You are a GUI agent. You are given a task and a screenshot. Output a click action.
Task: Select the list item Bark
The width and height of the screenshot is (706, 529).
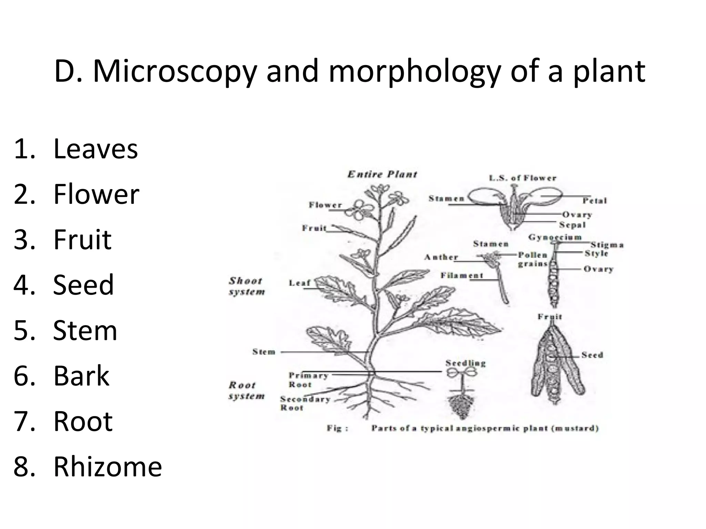(81, 375)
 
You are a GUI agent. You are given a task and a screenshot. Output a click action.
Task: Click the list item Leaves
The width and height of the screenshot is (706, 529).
(95, 149)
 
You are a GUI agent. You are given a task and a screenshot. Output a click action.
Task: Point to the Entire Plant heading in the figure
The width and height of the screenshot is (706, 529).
(382, 174)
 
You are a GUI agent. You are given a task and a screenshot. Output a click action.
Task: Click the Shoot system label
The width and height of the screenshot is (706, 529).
(246, 286)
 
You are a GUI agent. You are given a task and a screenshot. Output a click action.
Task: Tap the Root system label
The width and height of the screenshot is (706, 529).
(246, 391)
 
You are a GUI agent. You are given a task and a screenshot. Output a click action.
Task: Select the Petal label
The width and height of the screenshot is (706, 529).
(595, 200)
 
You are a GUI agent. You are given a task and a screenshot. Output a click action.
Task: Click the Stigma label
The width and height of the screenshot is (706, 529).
(607, 245)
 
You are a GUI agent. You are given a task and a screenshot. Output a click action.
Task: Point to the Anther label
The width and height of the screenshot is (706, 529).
(441, 257)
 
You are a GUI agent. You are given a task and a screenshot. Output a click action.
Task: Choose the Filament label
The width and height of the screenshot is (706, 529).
(462, 275)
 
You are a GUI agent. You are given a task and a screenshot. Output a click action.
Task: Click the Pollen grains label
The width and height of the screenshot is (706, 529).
(533, 259)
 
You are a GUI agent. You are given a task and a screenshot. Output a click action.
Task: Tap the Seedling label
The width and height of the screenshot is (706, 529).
(465, 363)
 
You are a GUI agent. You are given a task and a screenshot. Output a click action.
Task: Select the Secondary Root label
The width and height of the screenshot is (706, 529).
(305, 403)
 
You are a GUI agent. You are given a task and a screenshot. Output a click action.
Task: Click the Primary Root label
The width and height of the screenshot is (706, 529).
(308, 380)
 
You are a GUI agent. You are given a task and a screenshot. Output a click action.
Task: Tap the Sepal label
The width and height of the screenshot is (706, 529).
(572, 225)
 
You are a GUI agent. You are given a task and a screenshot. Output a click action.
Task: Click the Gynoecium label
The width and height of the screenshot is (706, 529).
(555, 237)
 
